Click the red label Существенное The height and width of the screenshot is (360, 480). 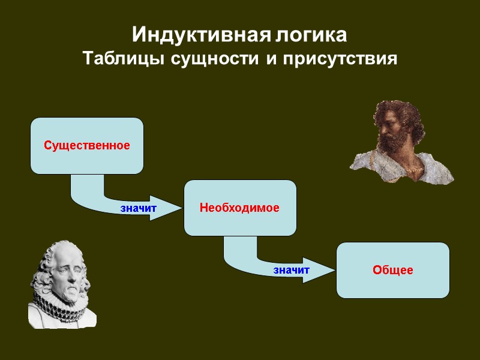point(87,145)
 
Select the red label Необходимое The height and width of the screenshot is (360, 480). point(239,208)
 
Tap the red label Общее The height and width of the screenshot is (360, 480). point(392,270)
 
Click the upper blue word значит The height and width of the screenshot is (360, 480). point(138,208)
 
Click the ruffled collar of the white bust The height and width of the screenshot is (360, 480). point(57,303)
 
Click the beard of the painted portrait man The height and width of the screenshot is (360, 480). point(390,147)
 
